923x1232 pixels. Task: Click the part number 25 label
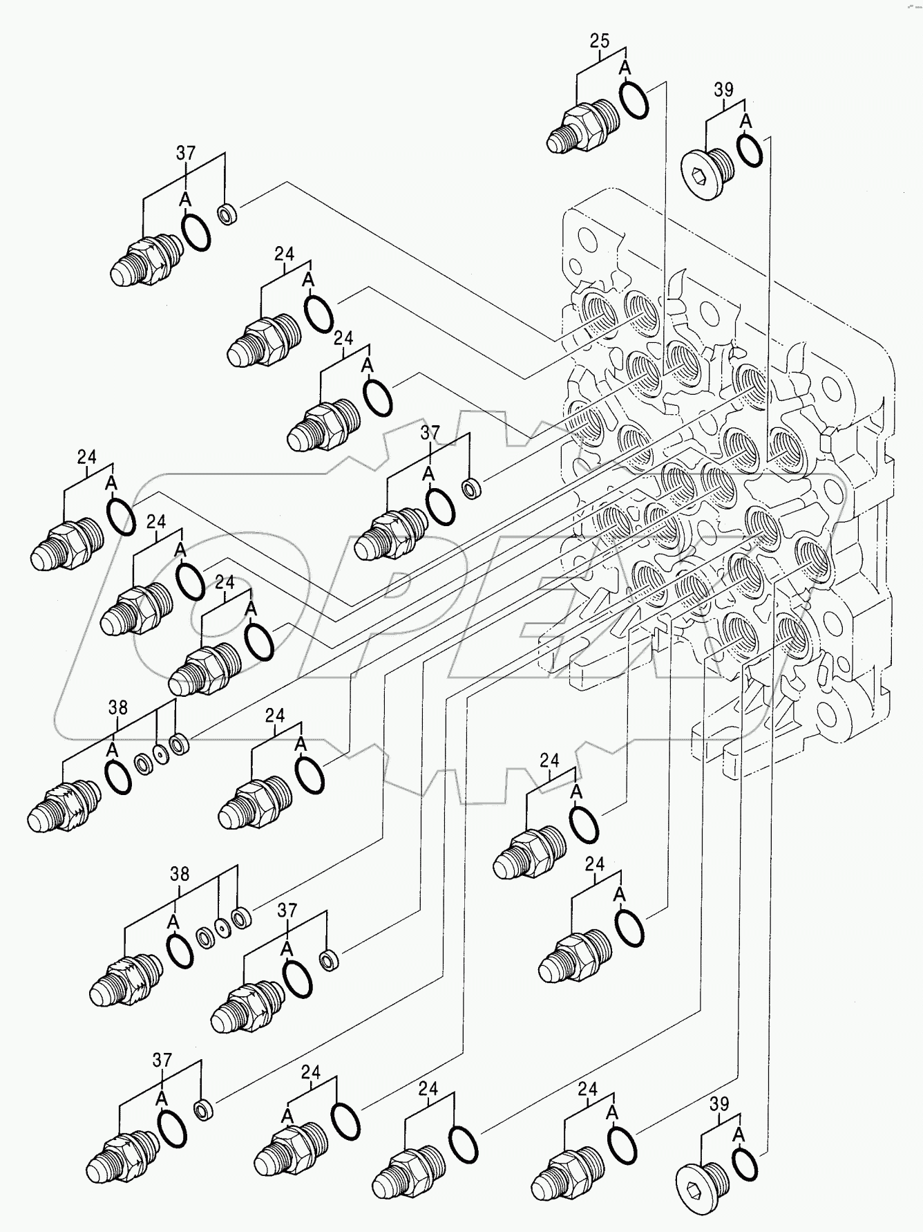pyautogui.click(x=599, y=41)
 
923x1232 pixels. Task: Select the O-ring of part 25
pyautogui.click(x=634, y=99)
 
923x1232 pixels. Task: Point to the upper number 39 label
pyautogui.click(x=723, y=90)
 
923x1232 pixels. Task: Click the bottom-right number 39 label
pyautogui.click(x=719, y=1104)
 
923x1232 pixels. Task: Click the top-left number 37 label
pyautogui.click(x=185, y=153)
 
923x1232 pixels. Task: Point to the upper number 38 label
pyautogui.click(x=117, y=707)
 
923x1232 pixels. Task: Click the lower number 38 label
pyautogui.click(x=179, y=874)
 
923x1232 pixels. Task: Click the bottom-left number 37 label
pyautogui.click(x=162, y=1060)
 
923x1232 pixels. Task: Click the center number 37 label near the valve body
pyautogui.click(x=430, y=433)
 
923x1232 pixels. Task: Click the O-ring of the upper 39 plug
pyautogui.click(x=750, y=149)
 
